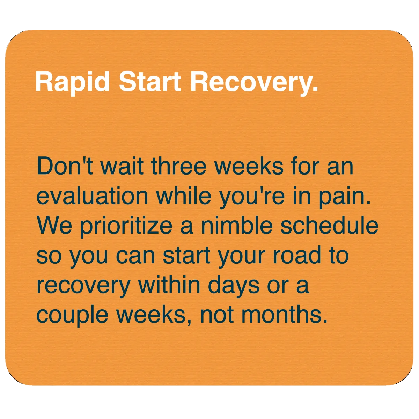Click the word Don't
tap(65, 166)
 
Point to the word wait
tap(122, 166)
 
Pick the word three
tap(178, 166)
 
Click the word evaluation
tap(92, 196)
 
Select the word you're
tap(252, 198)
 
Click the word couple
tap(72, 316)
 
